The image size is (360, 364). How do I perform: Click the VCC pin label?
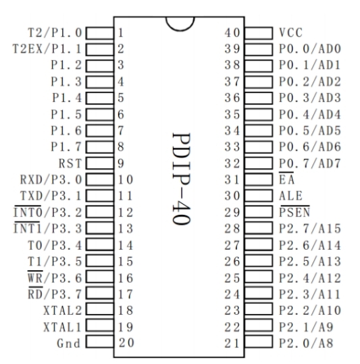point(291,32)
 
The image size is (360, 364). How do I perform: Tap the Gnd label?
point(69,343)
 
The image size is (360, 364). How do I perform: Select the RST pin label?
point(70,163)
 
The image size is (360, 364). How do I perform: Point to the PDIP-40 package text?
point(182,179)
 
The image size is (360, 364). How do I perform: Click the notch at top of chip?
point(180,30)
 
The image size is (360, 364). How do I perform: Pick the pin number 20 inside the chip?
point(126,342)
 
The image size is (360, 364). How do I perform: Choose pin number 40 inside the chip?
point(232,32)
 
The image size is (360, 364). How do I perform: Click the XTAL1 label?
point(62,327)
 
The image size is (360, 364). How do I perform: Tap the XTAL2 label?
point(63,311)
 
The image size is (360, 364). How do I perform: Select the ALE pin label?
point(291,196)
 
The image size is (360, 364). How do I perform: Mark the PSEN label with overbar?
point(294,211)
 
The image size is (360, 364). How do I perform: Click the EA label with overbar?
point(287,178)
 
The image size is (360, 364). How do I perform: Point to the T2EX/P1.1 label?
point(47,49)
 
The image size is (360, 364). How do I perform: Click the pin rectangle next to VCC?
point(259,33)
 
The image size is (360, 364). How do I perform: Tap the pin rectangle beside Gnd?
point(99,342)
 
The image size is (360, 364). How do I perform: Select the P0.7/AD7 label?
point(310,163)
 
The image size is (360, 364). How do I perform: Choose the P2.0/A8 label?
point(306,343)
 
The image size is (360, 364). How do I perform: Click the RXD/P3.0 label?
point(51,180)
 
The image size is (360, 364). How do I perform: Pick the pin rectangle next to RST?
point(99,163)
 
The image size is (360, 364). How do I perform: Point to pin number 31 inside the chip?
point(232,180)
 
